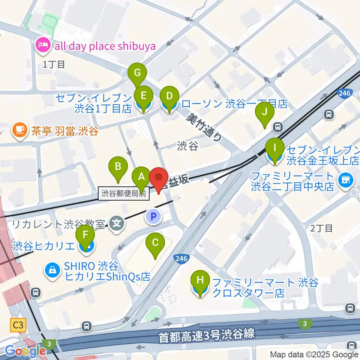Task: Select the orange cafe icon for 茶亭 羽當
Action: (19, 130)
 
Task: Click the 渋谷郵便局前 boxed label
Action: (123, 194)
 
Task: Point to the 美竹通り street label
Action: (205, 127)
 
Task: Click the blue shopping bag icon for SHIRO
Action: (52, 270)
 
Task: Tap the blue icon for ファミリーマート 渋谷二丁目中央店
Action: (345, 180)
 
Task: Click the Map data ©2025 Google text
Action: (314, 354)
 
